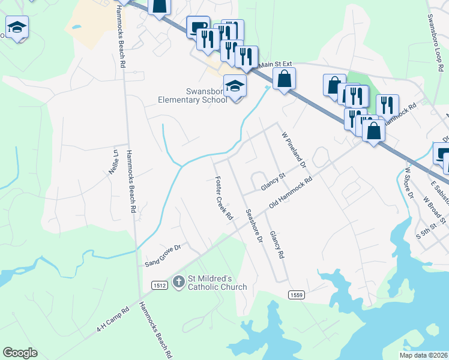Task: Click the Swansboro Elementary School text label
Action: (192, 95)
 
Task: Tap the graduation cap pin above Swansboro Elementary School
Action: (235, 86)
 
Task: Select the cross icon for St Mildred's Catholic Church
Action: (178, 281)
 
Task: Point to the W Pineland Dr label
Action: (294, 150)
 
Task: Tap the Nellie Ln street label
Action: (114, 161)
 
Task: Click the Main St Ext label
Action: (273, 65)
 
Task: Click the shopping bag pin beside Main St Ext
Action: (285, 79)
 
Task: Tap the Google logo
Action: (20, 353)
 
